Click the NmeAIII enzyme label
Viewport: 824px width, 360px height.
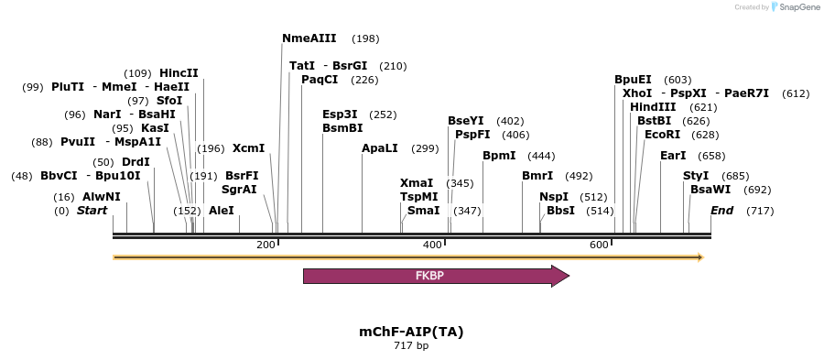click(309, 38)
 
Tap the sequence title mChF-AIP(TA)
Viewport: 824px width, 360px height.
click(411, 332)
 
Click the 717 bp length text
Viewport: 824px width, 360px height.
click(411, 346)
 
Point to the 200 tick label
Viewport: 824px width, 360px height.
click(266, 245)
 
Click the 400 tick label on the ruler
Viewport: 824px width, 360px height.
click(432, 245)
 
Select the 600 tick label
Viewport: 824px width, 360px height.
click(599, 245)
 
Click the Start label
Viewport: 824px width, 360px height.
click(92, 211)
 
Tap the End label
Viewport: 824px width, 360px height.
click(722, 211)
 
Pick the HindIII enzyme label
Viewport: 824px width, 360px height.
click(653, 107)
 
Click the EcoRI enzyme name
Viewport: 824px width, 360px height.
click(663, 135)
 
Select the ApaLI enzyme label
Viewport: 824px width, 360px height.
click(380, 148)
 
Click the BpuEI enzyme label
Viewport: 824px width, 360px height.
click(634, 80)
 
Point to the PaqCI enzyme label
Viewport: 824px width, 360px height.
click(320, 80)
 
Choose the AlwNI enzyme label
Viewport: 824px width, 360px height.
click(101, 197)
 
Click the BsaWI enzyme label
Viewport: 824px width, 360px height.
click(710, 190)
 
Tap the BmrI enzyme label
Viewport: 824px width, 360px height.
click(537, 176)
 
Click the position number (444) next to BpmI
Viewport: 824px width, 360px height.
click(542, 156)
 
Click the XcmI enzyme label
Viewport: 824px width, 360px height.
click(248, 148)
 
